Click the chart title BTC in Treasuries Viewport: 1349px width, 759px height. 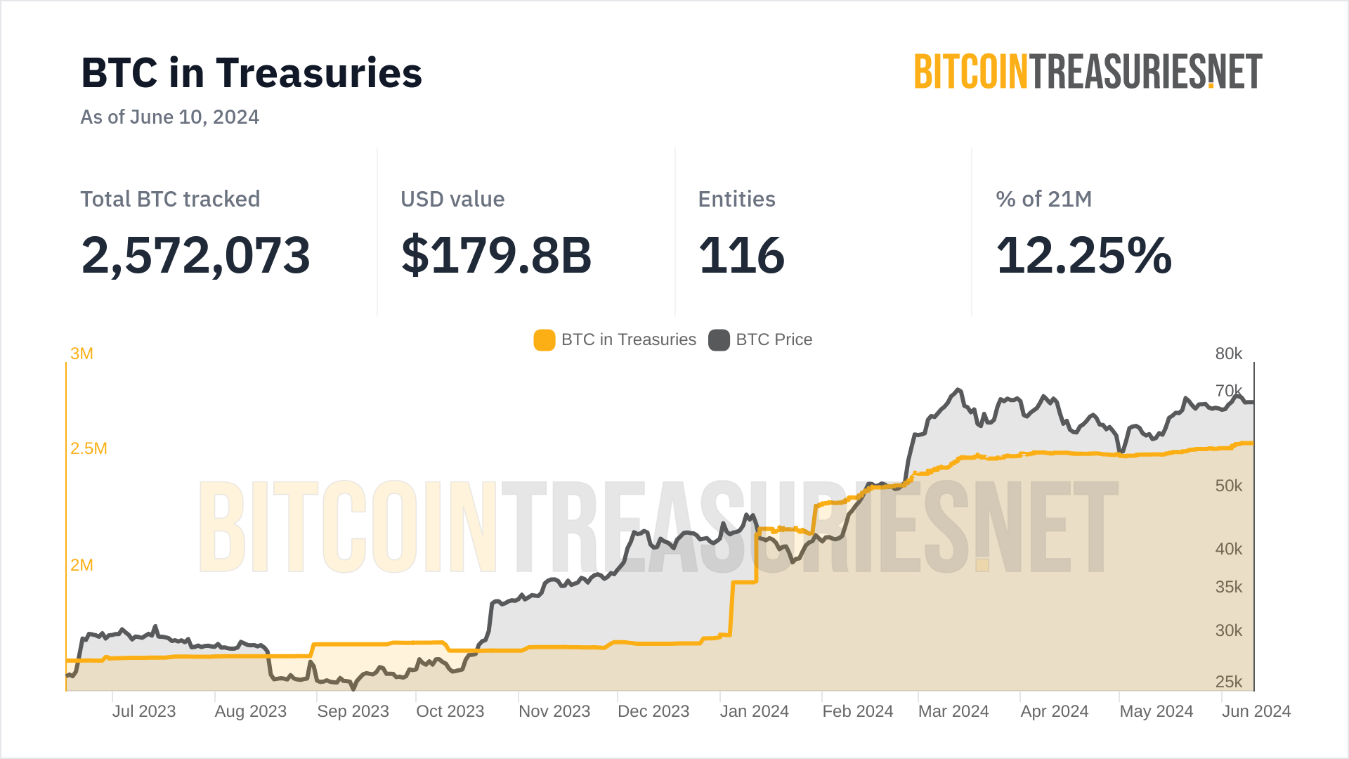click(x=252, y=73)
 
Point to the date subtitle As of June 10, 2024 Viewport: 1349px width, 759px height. click(x=169, y=117)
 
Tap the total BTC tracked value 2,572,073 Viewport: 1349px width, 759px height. click(x=195, y=254)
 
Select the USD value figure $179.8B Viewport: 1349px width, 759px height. click(x=496, y=254)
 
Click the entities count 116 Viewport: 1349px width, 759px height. click(x=741, y=254)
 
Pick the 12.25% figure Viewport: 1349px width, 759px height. click(x=1083, y=254)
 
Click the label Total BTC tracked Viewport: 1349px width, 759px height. click(x=170, y=199)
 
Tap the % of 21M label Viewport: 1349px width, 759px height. click(x=1043, y=199)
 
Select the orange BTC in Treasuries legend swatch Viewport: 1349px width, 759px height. click(x=545, y=340)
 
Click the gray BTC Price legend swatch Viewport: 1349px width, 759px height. click(x=719, y=340)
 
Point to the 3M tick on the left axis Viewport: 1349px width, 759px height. click(x=82, y=353)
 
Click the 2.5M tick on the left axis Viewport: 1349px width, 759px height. click(x=89, y=448)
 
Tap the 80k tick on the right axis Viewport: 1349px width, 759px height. click(x=1229, y=353)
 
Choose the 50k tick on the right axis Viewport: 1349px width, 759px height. click(x=1229, y=486)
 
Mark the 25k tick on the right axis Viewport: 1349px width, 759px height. click(x=1229, y=682)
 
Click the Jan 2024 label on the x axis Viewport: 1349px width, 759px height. click(x=754, y=711)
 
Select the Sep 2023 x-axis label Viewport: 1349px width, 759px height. click(x=353, y=711)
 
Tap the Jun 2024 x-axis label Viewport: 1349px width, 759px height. click(x=1256, y=711)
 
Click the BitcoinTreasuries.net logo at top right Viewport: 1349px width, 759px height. click(x=1088, y=72)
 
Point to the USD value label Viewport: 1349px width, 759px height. click(x=452, y=199)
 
